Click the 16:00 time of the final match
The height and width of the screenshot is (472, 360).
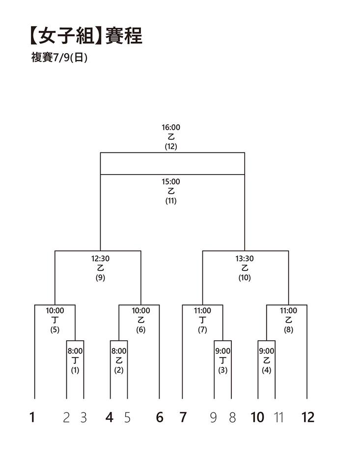tap(171, 127)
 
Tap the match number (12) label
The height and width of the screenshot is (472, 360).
tap(171, 147)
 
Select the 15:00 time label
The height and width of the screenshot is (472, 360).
tap(171, 181)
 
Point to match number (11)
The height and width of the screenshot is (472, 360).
tap(171, 201)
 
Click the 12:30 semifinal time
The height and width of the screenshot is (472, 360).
tap(101, 258)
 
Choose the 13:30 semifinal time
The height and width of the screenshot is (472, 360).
tap(245, 258)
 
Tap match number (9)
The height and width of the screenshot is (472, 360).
tap(101, 277)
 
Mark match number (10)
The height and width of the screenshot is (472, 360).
tap(245, 277)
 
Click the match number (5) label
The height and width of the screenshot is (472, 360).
tap(55, 329)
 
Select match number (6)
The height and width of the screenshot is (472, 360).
tap(141, 329)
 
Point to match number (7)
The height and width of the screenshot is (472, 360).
tap(202, 329)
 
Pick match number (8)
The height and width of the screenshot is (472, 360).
tap(288, 329)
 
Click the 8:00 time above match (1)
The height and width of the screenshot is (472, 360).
tap(75, 351)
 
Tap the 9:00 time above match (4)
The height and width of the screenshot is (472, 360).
tap(267, 351)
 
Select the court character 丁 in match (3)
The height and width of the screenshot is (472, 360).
tap(222, 360)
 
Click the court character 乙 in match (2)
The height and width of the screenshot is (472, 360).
tap(119, 360)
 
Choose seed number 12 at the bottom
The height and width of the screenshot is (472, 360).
tap(307, 417)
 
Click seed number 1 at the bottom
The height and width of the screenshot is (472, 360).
tap(32, 417)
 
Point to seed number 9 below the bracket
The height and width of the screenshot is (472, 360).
tap(213, 417)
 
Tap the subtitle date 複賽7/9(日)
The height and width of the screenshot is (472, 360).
tap(59, 57)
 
